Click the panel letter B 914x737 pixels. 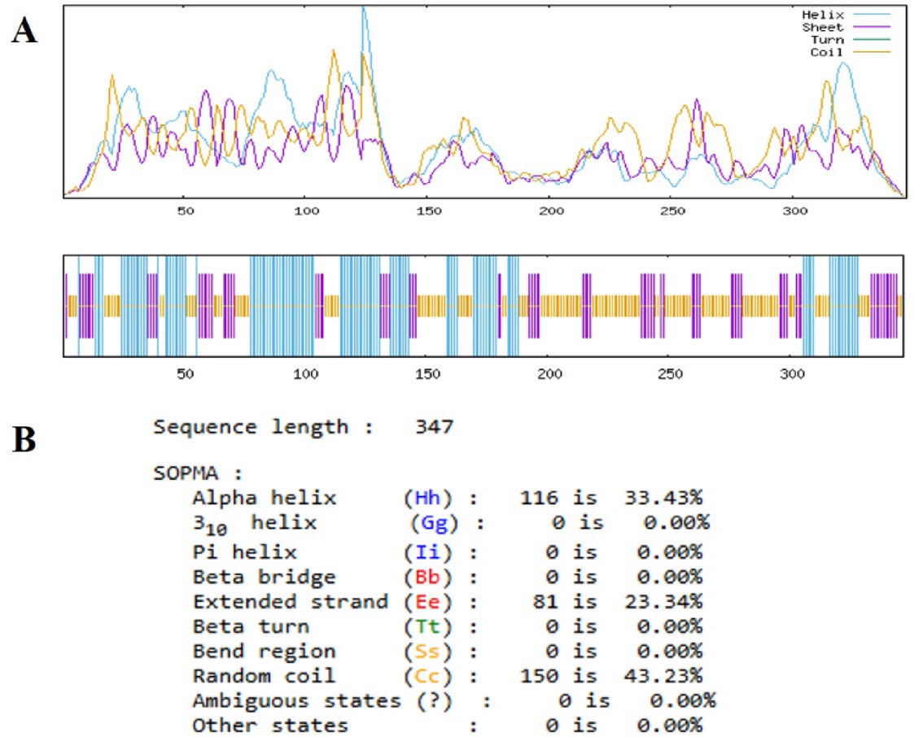point(24,442)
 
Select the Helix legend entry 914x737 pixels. point(823,15)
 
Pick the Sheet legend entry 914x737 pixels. point(823,27)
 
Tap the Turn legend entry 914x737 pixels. point(826,39)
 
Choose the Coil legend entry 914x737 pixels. point(826,51)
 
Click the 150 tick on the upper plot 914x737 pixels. point(428,211)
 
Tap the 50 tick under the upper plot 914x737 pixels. point(184,211)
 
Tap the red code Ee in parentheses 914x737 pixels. point(429,602)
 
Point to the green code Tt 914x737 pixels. point(429,627)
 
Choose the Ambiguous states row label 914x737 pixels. point(296,700)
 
